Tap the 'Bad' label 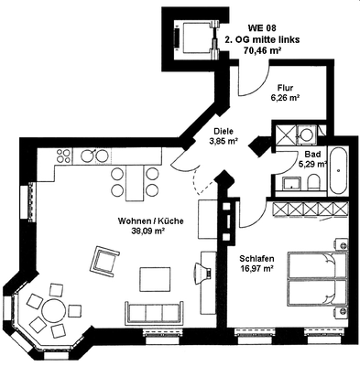(x=312, y=155)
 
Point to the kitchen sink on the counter (x=89, y=155)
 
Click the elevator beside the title (x=190, y=38)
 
